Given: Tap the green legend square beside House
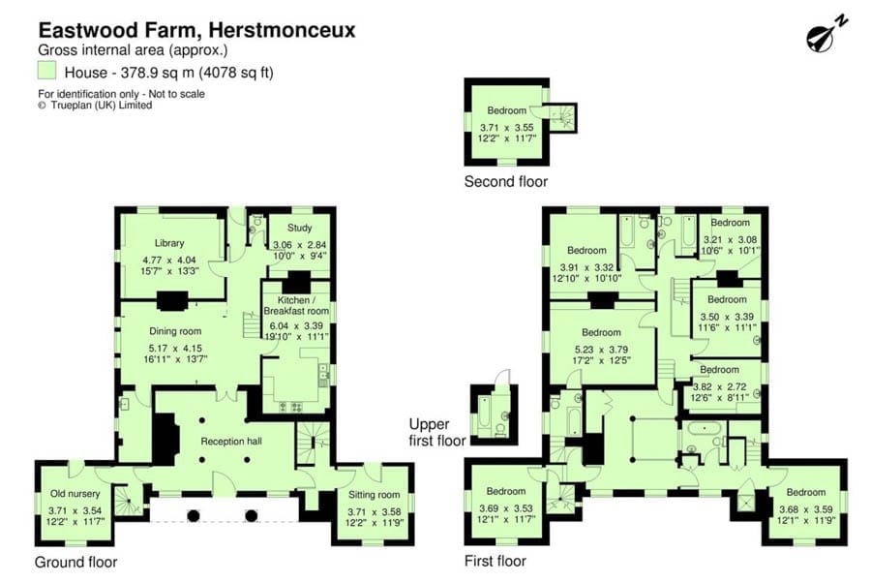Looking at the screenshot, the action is click(46, 70).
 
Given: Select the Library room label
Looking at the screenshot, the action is click(169, 243).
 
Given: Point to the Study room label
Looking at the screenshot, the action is click(299, 228).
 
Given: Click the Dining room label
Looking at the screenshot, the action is click(175, 331).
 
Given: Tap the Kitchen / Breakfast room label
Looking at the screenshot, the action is click(296, 305).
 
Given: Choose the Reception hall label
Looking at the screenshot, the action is click(231, 442).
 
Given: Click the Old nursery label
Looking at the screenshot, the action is click(75, 494).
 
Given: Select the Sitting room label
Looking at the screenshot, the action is click(374, 495).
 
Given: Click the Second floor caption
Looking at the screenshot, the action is click(505, 182).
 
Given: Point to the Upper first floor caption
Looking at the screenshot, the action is click(437, 432).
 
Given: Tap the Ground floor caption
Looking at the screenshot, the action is click(76, 562).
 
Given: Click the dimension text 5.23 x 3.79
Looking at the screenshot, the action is click(601, 350).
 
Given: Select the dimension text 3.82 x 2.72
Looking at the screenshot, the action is click(719, 386).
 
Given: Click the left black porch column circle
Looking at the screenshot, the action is click(194, 516).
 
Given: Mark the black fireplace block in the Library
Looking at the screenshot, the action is click(172, 300).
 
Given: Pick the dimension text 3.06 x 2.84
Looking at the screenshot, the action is click(299, 245).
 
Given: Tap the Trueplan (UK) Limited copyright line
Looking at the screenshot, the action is click(95, 105).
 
